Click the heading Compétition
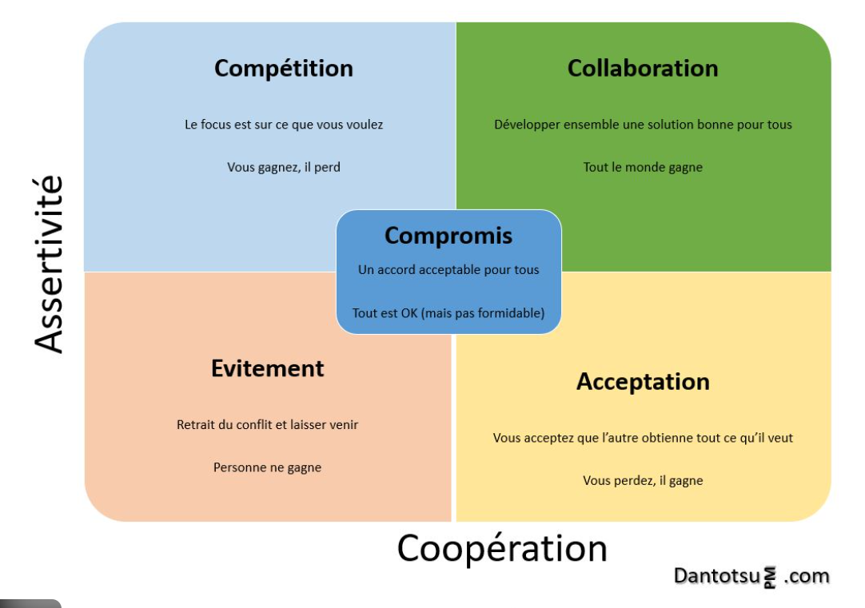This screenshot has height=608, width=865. click(x=283, y=69)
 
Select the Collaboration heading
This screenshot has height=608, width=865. click(x=643, y=69)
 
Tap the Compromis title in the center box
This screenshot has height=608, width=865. click(x=448, y=236)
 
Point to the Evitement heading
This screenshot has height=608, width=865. click(x=268, y=368)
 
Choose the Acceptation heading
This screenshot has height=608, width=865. click(x=643, y=382)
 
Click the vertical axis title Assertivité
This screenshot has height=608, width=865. click(x=50, y=264)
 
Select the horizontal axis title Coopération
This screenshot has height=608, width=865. click(x=502, y=549)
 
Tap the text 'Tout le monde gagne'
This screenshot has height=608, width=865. click(x=643, y=168)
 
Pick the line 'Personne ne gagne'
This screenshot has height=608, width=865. click(x=267, y=467)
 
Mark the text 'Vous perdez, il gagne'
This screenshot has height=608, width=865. click(x=643, y=480)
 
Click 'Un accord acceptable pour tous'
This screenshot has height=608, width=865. click(x=448, y=270)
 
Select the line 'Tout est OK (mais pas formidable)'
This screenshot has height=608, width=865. click(x=448, y=312)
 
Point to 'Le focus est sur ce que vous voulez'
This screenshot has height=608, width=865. click(x=284, y=125)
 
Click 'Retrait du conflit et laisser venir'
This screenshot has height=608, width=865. click(x=267, y=425)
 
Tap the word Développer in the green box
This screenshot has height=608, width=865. click(x=528, y=125)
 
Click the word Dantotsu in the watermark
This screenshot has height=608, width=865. click(x=716, y=576)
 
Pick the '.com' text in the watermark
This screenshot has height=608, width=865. click(x=806, y=576)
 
